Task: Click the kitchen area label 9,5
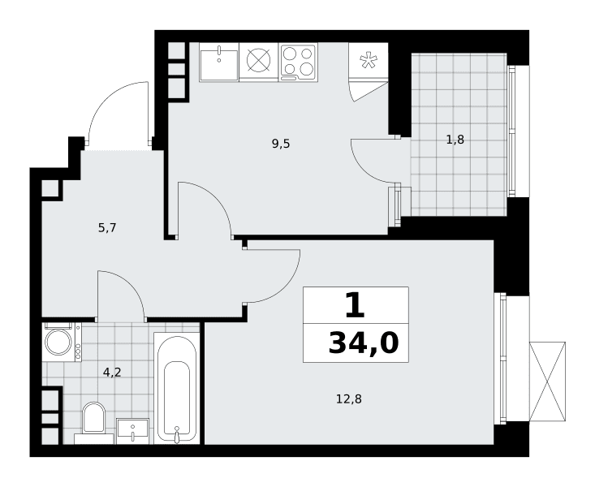[281, 144]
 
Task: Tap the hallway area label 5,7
[107, 228]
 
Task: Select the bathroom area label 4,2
[112, 373]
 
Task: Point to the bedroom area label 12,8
[349, 399]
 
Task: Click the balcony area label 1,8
[455, 140]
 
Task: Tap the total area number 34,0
[364, 343]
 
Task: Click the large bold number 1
[356, 305]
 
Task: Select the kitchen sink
[219, 62]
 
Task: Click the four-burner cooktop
[298, 62]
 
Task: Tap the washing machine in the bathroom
[62, 342]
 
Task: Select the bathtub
[176, 388]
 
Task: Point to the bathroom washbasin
[132, 431]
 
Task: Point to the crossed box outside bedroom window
[547, 381]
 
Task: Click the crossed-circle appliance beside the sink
[259, 61]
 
